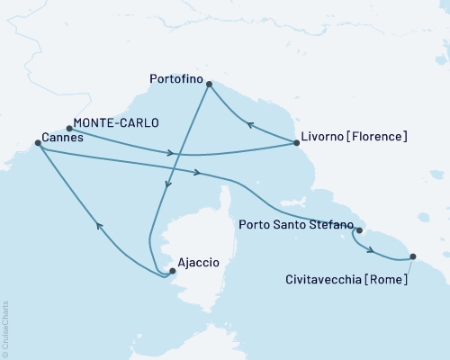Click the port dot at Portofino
209,85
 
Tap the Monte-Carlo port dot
69,128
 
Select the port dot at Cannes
37,142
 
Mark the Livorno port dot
296,142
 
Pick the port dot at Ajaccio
172,270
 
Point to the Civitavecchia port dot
412,257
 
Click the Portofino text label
175,78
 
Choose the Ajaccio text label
199,262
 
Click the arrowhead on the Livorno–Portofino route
251,125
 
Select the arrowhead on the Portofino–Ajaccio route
166,187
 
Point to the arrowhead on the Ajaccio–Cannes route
98,227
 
